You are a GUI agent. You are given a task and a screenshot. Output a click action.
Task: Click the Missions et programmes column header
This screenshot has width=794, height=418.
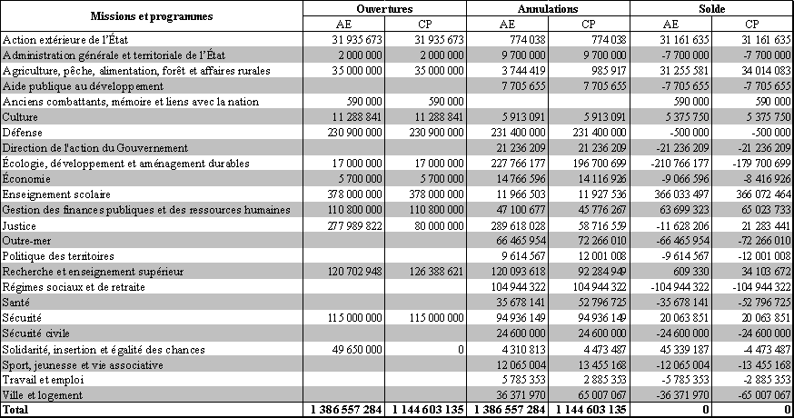tap(152, 16)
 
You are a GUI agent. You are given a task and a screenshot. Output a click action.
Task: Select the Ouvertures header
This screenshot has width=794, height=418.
tap(385, 8)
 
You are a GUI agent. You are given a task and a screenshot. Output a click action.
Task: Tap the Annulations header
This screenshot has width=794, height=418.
tap(549, 8)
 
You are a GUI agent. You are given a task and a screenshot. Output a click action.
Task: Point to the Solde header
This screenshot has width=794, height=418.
tap(712, 8)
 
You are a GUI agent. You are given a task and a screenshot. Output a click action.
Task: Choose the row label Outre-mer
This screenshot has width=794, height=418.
tap(26, 240)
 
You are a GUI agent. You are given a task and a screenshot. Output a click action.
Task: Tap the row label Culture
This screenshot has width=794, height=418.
tap(21, 116)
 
